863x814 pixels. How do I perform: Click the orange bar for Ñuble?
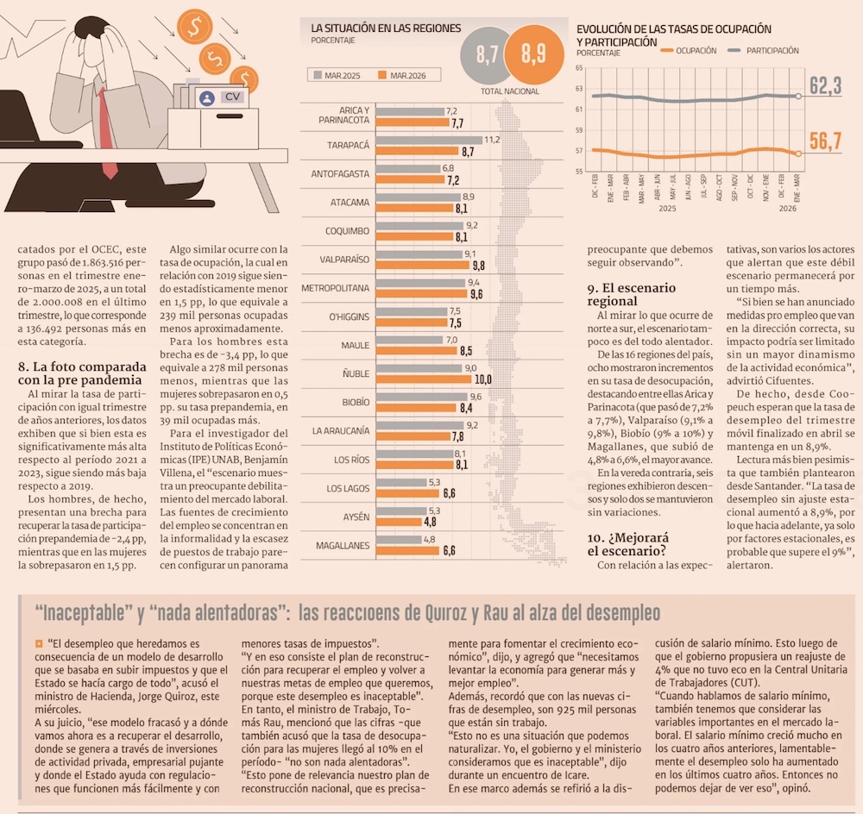(x=424, y=379)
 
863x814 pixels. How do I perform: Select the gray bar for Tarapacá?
(x=429, y=141)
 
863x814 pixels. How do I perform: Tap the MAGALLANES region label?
(x=343, y=546)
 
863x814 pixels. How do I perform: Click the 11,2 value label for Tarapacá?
(x=492, y=140)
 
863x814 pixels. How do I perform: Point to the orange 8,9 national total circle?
(x=534, y=54)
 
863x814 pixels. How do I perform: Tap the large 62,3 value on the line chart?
(x=825, y=86)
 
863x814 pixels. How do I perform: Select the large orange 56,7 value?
(x=825, y=141)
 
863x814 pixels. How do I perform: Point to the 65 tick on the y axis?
(x=579, y=68)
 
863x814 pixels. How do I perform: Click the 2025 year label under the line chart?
(x=667, y=209)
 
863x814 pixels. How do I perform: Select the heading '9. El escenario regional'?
(x=632, y=294)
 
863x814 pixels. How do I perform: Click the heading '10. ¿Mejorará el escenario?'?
(x=628, y=544)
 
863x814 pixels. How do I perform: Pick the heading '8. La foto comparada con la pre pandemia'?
(x=82, y=373)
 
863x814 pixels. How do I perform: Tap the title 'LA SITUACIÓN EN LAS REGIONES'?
(x=386, y=28)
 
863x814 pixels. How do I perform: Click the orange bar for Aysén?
(x=399, y=522)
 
